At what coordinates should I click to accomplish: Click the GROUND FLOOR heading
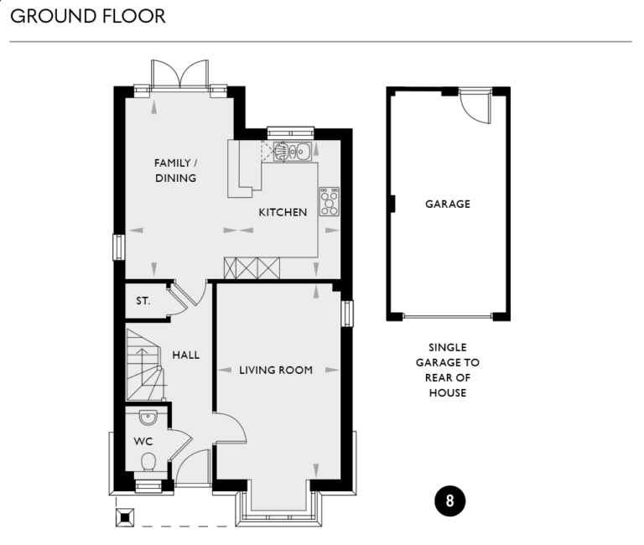pos(87,17)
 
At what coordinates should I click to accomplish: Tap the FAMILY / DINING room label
pos(175,170)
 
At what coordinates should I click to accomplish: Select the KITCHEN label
pos(283,212)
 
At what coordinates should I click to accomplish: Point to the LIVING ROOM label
pos(276,370)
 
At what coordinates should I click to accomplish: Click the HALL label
pos(186,355)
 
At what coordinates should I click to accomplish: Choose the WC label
pos(143,440)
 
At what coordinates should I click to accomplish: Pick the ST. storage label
pos(143,300)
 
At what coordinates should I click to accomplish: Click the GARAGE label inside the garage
pos(447,204)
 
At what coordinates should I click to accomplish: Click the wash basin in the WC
pos(148,418)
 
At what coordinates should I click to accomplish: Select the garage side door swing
pos(475,105)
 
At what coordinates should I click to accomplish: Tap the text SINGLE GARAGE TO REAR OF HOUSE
pos(447,370)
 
